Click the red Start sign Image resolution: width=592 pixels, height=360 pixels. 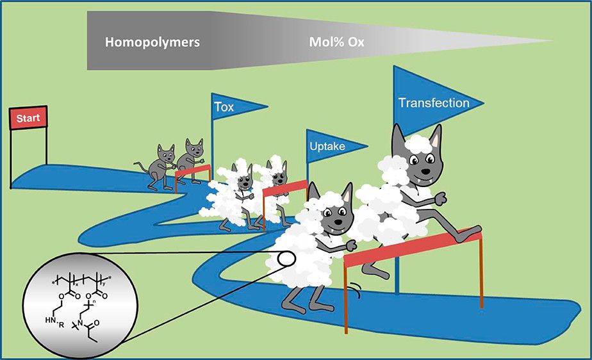pos(28,119)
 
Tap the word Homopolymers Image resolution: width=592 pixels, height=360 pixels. pos(152,43)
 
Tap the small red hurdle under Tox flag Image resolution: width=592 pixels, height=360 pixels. pos(193,170)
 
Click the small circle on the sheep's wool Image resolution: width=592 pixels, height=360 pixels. pos(286,260)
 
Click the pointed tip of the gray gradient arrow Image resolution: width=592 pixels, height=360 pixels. pos(551,42)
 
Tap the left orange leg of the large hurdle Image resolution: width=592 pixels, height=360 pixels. pos(347,298)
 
